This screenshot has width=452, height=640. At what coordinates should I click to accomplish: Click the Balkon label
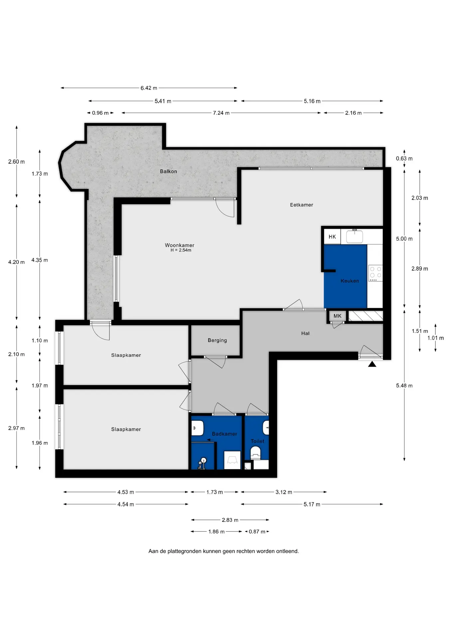point(168,171)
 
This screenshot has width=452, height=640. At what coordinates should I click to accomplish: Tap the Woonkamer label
point(179,245)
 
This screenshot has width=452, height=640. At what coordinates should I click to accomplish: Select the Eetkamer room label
point(302,205)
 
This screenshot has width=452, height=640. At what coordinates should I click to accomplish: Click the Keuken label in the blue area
point(350,281)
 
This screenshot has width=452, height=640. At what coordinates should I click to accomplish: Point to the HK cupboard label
point(332,237)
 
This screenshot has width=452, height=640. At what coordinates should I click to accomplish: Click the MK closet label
point(338,316)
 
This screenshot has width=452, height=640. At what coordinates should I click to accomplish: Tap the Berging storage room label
point(217,340)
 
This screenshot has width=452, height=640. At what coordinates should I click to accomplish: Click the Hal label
point(305,333)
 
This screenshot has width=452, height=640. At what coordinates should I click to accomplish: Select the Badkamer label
point(225,434)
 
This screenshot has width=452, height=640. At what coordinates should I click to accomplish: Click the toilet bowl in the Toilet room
point(255,452)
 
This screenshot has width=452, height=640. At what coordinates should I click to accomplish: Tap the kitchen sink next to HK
point(354,236)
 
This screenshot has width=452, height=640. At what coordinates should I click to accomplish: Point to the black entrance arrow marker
point(372,364)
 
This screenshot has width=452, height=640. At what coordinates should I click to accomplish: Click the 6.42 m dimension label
point(149,88)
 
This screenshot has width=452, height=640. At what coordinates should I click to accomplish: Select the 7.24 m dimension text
point(221,113)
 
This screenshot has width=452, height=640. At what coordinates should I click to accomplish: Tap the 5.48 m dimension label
point(404,386)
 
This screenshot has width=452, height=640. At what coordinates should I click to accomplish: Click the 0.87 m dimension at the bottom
point(257,531)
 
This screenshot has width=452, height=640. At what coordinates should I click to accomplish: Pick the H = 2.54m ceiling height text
point(181,250)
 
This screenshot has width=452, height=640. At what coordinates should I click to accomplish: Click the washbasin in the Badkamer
point(198,428)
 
